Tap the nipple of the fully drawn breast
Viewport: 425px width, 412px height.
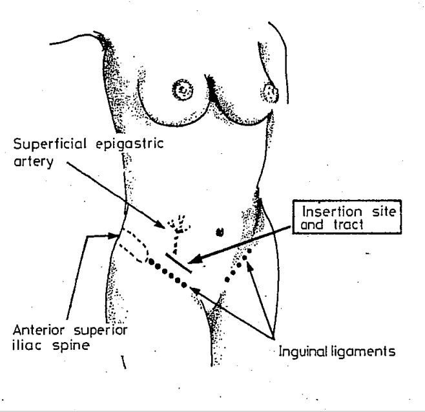[x=184, y=88]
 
